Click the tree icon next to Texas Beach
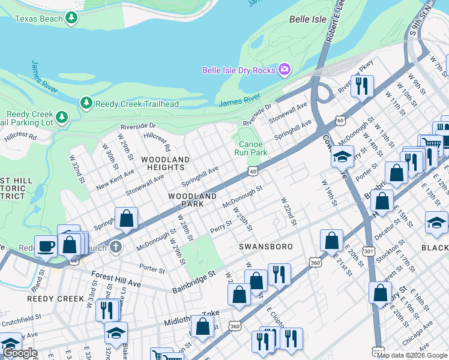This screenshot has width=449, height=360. pyautogui.click(x=71, y=19)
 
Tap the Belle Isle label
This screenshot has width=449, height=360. pyautogui.click(x=308, y=19)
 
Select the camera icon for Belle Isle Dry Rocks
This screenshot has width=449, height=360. pyautogui.click(x=285, y=70)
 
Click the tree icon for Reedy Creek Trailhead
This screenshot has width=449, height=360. pyautogui.click(x=86, y=104)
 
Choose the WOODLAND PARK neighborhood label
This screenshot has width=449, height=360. pyautogui.click(x=192, y=196)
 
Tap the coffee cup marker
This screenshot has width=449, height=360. pyautogui.click(x=46, y=245)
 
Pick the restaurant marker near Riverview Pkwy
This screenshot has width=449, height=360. pyautogui.click(x=362, y=86)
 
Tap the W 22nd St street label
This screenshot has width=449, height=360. pyautogui.click(x=289, y=211)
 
